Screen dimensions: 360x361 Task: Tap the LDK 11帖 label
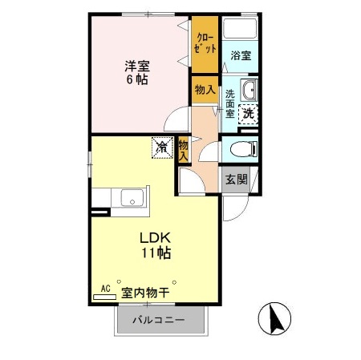[x=157, y=244]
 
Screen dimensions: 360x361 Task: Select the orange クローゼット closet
[x=205, y=45]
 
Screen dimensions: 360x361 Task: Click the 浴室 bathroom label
[x=241, y=55]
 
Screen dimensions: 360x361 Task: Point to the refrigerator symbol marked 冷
[x=162, y=147]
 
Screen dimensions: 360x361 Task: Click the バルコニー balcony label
[x=160, y=321]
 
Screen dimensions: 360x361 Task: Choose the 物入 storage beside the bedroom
[x=205, y=90]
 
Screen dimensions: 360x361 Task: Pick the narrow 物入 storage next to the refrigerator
[x=184, y=149]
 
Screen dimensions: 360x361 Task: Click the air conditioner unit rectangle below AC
[x=104, y=297]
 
